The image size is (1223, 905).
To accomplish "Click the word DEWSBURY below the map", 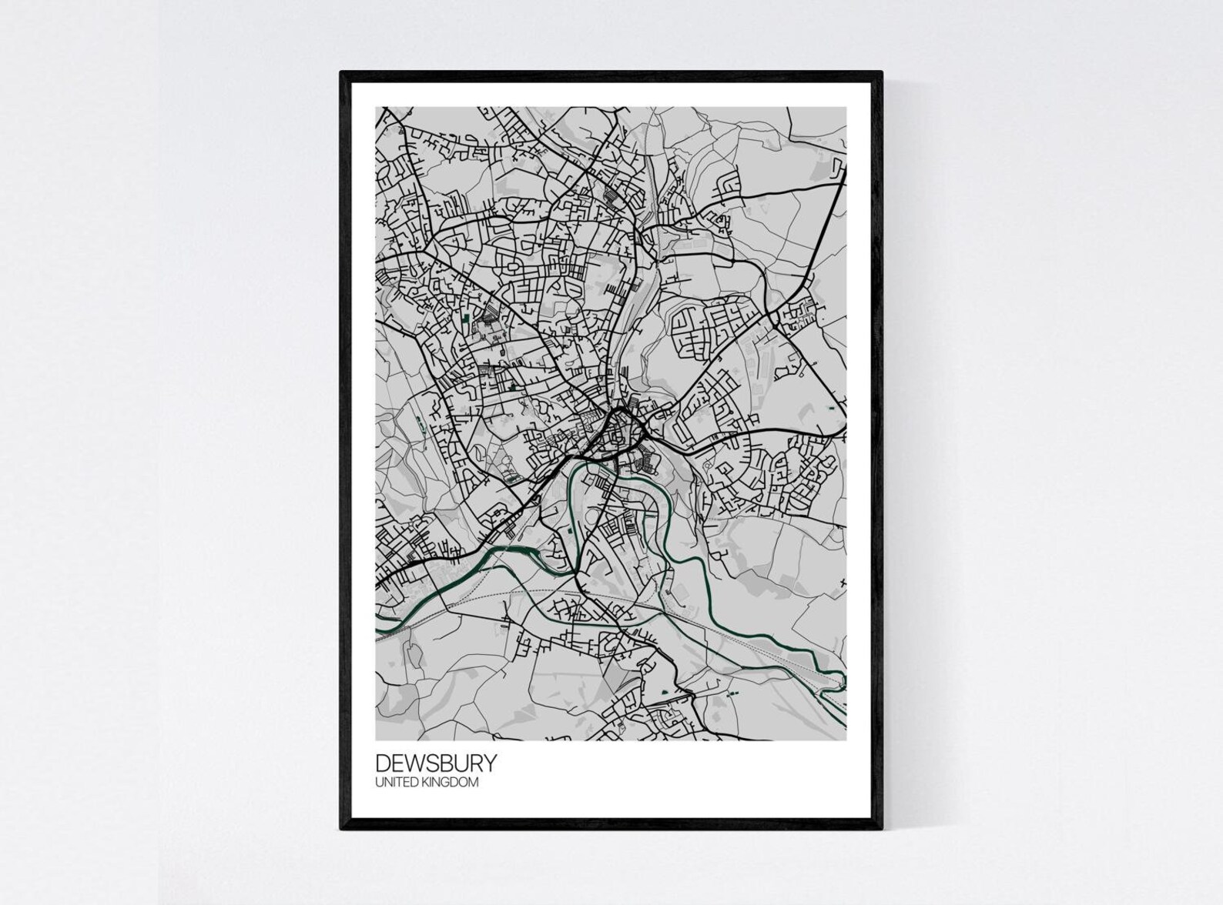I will (x=436, y=763).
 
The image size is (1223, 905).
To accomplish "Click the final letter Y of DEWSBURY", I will (x=491, y=763).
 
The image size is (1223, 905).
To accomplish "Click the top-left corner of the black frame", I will (x=341, y=72).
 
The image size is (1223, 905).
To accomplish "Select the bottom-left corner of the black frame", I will (x=341, y=829).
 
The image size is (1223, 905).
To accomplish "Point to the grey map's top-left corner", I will (x=376, y=108).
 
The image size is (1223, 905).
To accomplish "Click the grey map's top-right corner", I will (x=846, y=108).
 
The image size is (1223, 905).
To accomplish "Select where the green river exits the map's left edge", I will (x=377, y=634).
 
